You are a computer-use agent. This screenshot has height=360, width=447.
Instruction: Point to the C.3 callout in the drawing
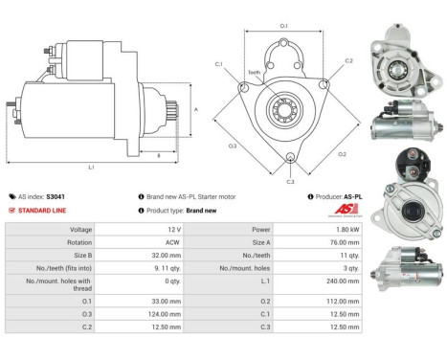(290, 180)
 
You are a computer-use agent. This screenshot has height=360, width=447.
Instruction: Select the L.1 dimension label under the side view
(91, 168)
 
